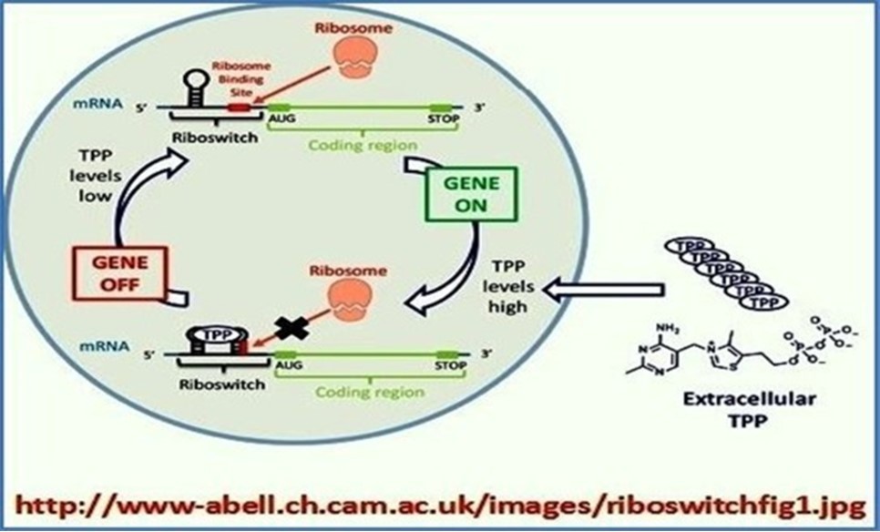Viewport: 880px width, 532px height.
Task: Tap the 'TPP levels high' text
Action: (x=507, y=285)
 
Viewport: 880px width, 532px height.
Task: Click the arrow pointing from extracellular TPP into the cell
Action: (x=601, y=291)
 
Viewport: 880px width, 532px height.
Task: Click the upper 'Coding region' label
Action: (x=362, y=146)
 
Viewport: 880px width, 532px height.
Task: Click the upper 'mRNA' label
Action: (x=93, y=105)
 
